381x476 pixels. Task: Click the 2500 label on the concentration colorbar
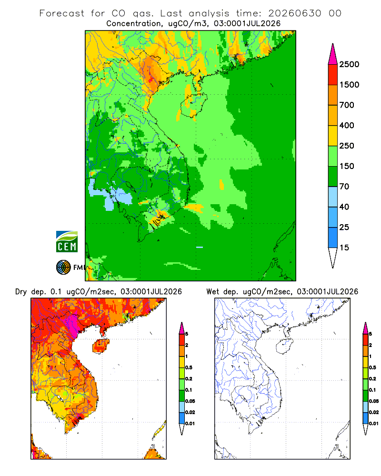(x=349, y=64)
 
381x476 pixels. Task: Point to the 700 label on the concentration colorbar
(x=347, y=105)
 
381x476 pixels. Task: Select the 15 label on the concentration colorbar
(x=344, y=248)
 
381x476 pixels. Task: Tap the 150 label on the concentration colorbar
(x=347, y=166)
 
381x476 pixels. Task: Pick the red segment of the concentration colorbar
(x=333, y=75)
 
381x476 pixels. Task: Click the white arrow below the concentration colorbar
(x=333, y=257)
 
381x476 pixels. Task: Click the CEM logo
(x=67, y=242)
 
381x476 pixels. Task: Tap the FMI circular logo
(x=63, y=268)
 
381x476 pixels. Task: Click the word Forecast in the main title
(x=62, y=13)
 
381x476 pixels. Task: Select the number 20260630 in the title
(x=295, y=13)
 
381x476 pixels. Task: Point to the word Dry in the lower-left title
(x=21, y=292)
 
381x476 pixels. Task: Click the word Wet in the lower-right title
(x=212, y=292)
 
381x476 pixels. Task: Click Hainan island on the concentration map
(x=194, y=104)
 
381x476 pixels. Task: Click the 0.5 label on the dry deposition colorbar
(x=189, y=367)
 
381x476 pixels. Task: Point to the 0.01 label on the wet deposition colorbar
(x=374, y=424)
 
